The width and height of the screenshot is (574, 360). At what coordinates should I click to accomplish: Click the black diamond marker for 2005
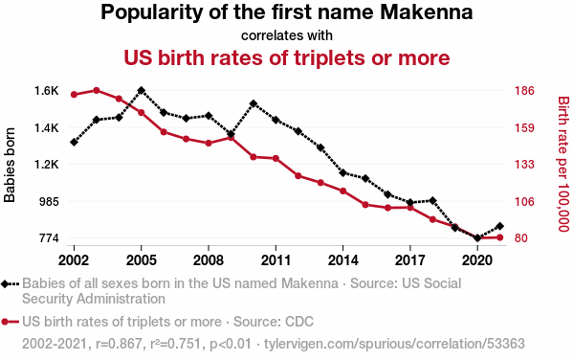142,90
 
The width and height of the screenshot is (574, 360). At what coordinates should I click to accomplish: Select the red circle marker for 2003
97,90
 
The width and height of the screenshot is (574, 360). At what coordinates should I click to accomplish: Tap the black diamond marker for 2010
254,103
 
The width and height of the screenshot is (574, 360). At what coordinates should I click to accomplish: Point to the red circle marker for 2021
499,237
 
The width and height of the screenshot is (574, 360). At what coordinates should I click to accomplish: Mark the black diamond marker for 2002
74,142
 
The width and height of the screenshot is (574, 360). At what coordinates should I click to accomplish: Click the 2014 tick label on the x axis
342,260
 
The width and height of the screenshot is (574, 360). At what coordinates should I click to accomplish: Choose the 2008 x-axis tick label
209,260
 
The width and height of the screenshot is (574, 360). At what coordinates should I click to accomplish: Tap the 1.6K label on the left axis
47,90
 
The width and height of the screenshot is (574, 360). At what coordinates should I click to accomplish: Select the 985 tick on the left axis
49,201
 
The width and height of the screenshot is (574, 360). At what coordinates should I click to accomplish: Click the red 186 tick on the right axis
524,90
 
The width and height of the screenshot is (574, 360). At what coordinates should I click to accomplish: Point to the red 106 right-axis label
524,201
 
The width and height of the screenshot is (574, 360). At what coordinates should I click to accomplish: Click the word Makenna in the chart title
427,12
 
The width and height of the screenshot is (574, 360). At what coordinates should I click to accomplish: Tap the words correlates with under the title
287,35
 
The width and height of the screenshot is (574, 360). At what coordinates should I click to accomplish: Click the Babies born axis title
10,165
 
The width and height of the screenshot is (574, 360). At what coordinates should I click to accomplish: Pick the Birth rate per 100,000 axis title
563,164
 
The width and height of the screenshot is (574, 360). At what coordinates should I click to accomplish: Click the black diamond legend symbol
5,283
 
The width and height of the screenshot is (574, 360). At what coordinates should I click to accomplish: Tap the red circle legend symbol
5,322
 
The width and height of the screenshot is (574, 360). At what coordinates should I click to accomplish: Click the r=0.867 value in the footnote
119,344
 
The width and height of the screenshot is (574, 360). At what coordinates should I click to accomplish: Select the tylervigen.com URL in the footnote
394,344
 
